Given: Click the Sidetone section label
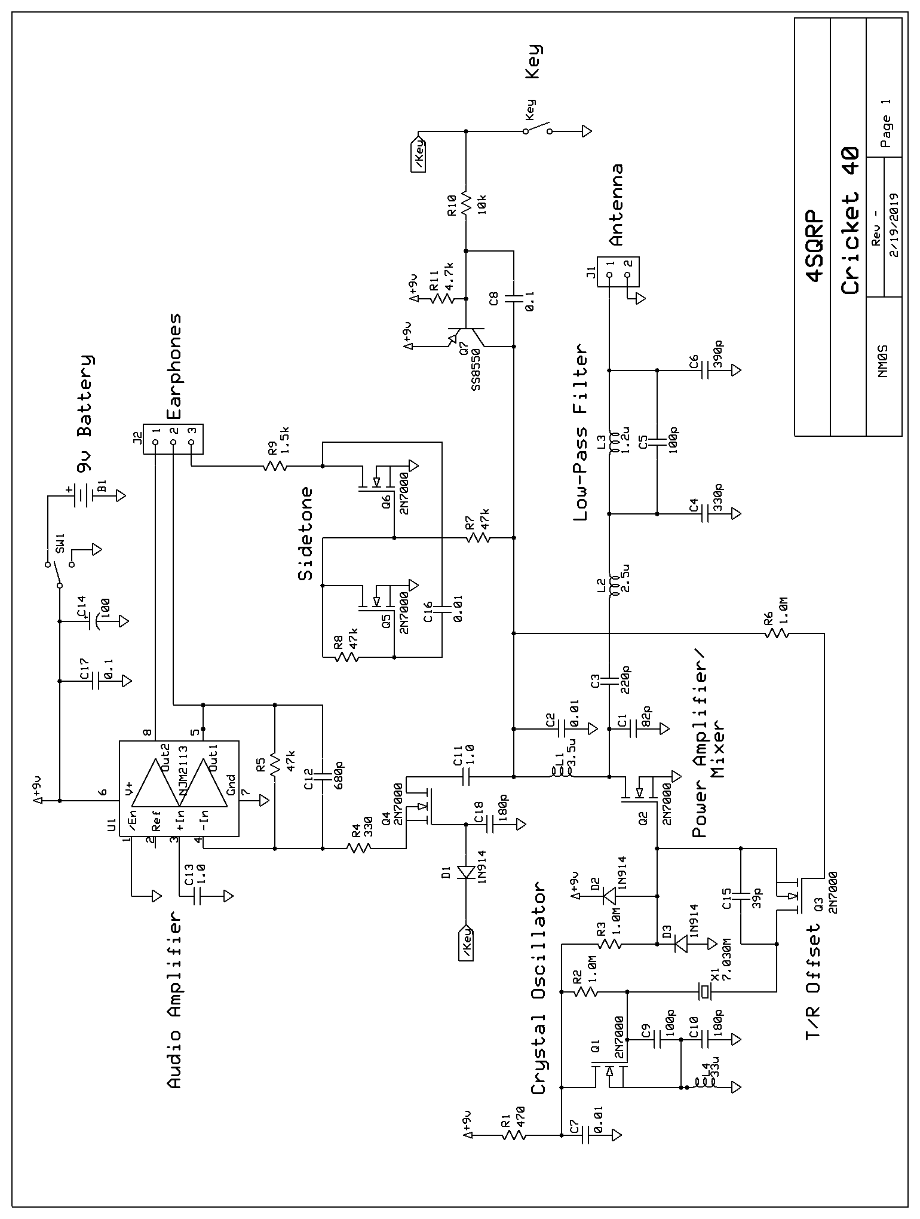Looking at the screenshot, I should click(305, 534).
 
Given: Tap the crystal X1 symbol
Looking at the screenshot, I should click(706, 993).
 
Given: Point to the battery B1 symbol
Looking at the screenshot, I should click(84, 495).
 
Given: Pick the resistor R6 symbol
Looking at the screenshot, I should click(777, 633).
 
